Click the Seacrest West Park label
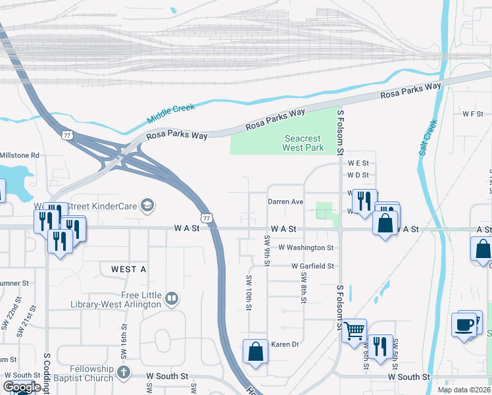(303, 143)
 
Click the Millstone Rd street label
(20, 155)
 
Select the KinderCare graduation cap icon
(148, 206)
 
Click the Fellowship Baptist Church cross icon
(122, 373)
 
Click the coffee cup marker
(464, 325)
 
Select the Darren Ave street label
(285, 201)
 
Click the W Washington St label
(306, 248)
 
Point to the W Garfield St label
(312, 266)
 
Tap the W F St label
(472, 114)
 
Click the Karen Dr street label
(285, 344)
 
